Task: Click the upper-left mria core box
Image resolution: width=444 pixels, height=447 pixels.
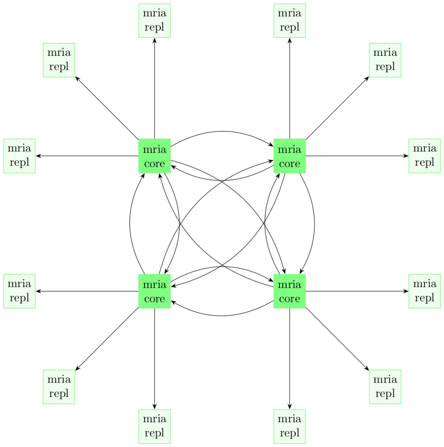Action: click(x=154, y=156)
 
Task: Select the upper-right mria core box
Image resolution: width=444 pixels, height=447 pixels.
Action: click(x=289, y=156)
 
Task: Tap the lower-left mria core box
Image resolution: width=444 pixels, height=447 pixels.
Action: click(x=154, y=291)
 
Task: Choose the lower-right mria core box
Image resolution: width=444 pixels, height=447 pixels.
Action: click(x=289, y=291)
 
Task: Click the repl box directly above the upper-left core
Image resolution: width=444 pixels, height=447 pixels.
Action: click(x=154, y=20)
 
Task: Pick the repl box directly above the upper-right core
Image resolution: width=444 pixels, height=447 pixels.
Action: click(x=289, y=20)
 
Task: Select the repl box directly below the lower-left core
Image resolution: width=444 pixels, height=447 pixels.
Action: click(x=154, y=426)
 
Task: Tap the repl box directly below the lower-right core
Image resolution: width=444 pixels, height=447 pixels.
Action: click(x=289, y=426)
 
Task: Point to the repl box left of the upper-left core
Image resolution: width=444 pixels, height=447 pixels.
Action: click(x=19, y=156)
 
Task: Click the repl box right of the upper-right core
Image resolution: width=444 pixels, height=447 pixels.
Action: click(x=424, y=156)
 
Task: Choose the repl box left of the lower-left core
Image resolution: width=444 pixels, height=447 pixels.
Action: click(x=19, y=291)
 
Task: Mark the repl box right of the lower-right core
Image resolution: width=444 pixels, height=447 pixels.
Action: click(x=424, y=291)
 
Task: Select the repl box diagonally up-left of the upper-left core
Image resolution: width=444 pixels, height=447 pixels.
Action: click(x=59, y=60)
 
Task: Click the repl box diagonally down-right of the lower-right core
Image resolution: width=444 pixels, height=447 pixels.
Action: click(x=385, y=387)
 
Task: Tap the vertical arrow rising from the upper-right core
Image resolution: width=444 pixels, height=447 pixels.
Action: click(x=289, y=88)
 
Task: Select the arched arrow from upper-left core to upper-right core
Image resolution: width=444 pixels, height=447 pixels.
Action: click(x=222, y=131)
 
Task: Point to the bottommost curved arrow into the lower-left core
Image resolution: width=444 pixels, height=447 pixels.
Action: click(x=222, y=316)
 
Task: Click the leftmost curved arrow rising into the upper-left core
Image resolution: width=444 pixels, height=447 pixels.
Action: click(x=130, y=224)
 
